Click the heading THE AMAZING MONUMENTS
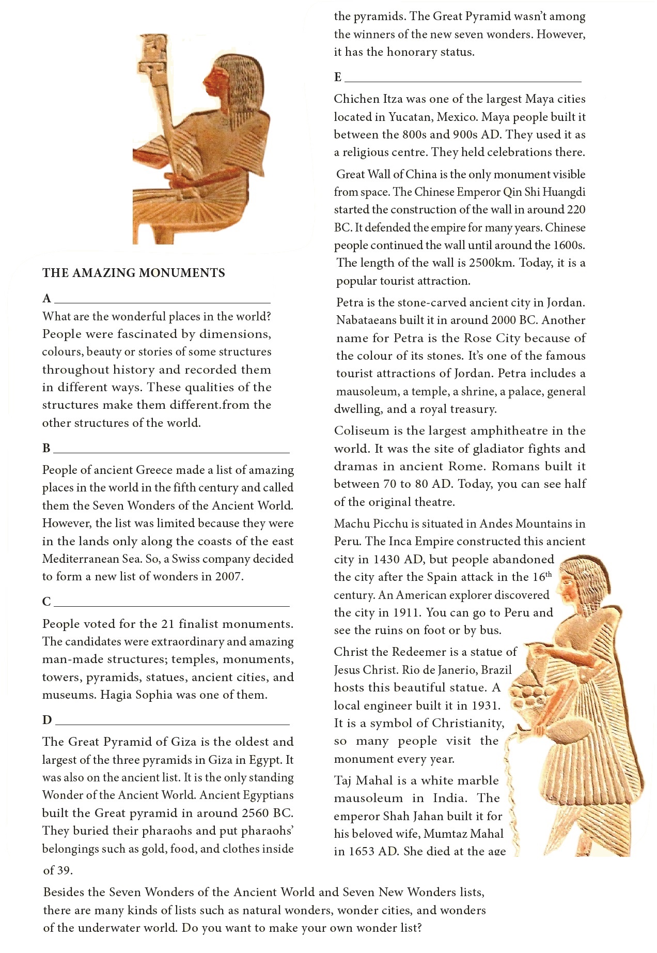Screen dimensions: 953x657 click(133, 273)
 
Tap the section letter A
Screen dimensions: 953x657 click(47, 299)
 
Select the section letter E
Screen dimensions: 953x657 click(338, 78)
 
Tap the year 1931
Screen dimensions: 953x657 click(484, 705)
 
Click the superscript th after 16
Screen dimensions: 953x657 click(549, 574)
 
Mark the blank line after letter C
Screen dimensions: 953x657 click(171, 605)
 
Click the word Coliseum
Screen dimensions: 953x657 click(362, 431)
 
